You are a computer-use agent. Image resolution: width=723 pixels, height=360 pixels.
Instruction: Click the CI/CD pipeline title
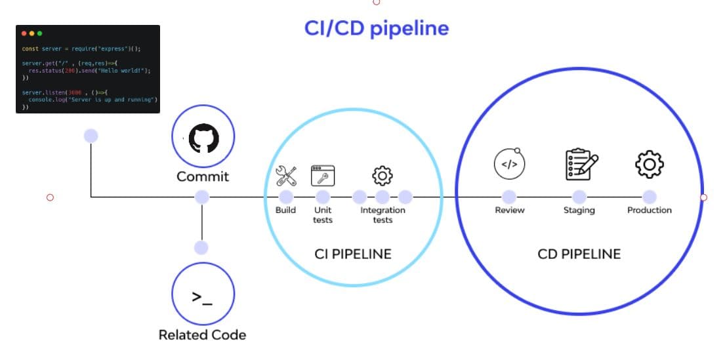pyautogui.click(x=376, y=28)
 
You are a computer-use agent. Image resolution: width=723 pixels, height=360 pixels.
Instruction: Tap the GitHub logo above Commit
pyautogui.click(x=203, y=139)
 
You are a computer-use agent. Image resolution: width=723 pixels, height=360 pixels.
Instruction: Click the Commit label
pyautogui.click(x=203, y=176)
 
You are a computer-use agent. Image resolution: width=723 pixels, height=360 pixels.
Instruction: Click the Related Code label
pyautogui.click(x=202, y=335)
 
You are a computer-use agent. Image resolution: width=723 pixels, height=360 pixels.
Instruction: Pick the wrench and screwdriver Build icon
pyautogui.click(x=286, y=175)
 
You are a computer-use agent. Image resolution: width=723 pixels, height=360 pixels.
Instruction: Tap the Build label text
pyautogui.click(x=285, y=210)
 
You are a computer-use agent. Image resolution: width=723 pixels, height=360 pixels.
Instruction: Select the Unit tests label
pyautogui.click(x=323, y=215)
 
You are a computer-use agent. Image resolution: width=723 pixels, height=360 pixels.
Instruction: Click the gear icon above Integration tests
pyautogui.click(x=382, y=175)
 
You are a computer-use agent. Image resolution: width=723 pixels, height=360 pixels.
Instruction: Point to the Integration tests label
pyautogui.click(x=382, y=215)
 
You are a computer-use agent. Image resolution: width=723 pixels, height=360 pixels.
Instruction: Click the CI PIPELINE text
pyautogui.click(x=353, y=254)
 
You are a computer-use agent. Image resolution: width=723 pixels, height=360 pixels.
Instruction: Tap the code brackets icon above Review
pyautogui.click(x=509, y=164)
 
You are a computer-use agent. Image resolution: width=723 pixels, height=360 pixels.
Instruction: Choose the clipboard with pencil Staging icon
pyautogui.click(x=581, y=164)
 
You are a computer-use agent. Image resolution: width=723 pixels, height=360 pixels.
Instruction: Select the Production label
pyautogui.click(x=649, y=210)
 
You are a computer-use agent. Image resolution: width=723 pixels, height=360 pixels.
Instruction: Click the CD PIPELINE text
pyautogui.click(x=579, y=254)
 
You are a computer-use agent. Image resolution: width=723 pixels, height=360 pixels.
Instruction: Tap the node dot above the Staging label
pyautogui.click(x=579, y=196)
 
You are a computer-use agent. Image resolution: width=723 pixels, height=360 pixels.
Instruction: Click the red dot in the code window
pyautogui.click(x=24, y=33)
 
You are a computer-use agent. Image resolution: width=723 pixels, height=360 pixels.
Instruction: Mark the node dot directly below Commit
pyautogui.click(x=202, y=196)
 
